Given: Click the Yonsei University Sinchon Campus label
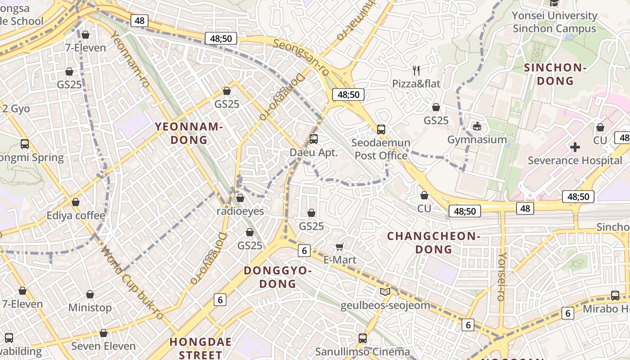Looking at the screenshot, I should [554, 22].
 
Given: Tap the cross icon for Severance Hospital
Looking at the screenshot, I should [575, 147].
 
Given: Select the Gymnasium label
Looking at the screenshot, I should [477, 139].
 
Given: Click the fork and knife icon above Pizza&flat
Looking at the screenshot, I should [416, 70].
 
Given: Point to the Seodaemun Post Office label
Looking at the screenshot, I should [381, 149].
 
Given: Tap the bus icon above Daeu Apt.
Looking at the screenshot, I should [314, 139].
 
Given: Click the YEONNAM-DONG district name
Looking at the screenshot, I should [189, 133].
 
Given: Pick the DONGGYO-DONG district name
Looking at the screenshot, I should [278, 277].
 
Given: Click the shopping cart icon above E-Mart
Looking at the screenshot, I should [340, 246].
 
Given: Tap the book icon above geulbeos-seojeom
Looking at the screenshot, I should [385, 292].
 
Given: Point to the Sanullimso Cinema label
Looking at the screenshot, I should [362, 351].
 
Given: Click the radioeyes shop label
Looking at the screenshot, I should [240, 211].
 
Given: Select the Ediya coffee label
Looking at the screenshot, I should [76, 216].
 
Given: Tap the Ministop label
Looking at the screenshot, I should [90, 308].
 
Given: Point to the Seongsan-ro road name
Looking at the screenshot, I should [301, 57].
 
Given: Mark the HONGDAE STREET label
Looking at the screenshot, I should [200, 348].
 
